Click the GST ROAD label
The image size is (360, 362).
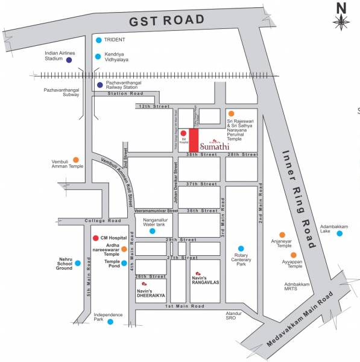coord(166,20)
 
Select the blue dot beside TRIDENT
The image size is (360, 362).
coord(98,40)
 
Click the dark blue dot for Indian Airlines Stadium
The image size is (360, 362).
coord(69,60)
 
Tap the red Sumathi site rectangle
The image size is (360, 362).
coord(194,141)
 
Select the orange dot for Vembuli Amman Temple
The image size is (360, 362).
coord(76,160)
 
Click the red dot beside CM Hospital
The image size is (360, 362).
coord(95,238)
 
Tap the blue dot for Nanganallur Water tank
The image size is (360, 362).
coord(153,230)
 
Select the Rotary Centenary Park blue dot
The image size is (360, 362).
coord(241,248)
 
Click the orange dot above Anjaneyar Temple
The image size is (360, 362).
coord(282,235)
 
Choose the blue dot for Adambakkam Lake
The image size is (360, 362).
coord(339,233)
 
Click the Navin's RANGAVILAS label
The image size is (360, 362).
coord(208,279)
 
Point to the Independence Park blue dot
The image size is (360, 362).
coord(110,322)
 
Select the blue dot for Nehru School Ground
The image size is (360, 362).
coord(78,263)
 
